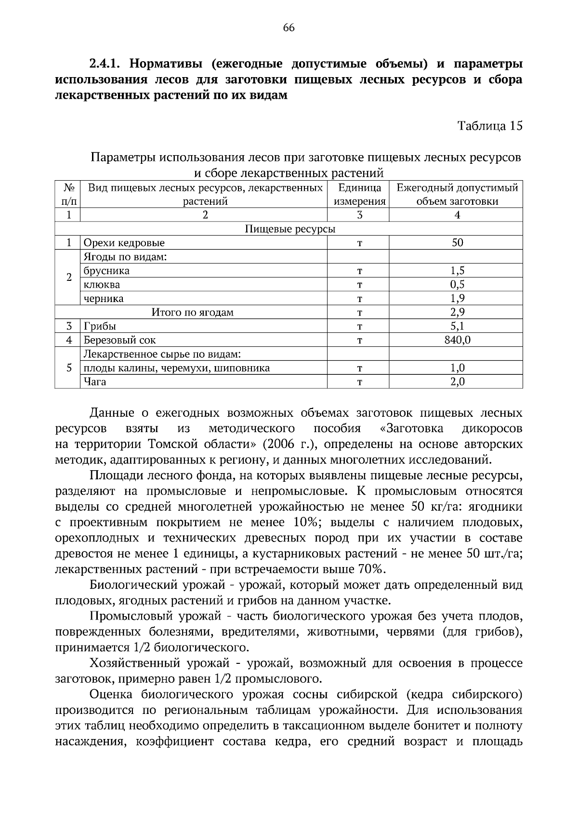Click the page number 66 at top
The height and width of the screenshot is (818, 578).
tap(289, 27)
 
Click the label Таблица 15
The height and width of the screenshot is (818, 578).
tap(489, 126)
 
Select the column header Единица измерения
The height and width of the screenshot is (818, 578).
tap(359, 195)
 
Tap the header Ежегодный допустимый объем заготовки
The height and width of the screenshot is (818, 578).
tap(457, 195)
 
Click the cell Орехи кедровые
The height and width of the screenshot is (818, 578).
tap(124, 243)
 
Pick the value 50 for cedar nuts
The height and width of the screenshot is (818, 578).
tap(457, 243)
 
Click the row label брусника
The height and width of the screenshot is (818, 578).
tap(106, 271)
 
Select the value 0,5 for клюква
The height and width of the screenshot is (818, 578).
tap(457, 285)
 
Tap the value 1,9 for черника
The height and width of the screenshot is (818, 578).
tap(457, 299)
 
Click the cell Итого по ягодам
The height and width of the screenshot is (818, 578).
tap(192, 312)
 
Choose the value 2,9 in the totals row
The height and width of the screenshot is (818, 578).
tap(457, 312)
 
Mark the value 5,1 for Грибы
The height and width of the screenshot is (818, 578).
tap(457, 326)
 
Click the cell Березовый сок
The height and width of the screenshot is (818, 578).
tap(119, 340)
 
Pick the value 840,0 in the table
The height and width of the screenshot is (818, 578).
tap(457, 340)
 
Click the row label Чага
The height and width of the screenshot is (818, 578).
tap(95, 382)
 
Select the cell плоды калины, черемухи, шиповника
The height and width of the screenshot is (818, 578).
tap(176, 369)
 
